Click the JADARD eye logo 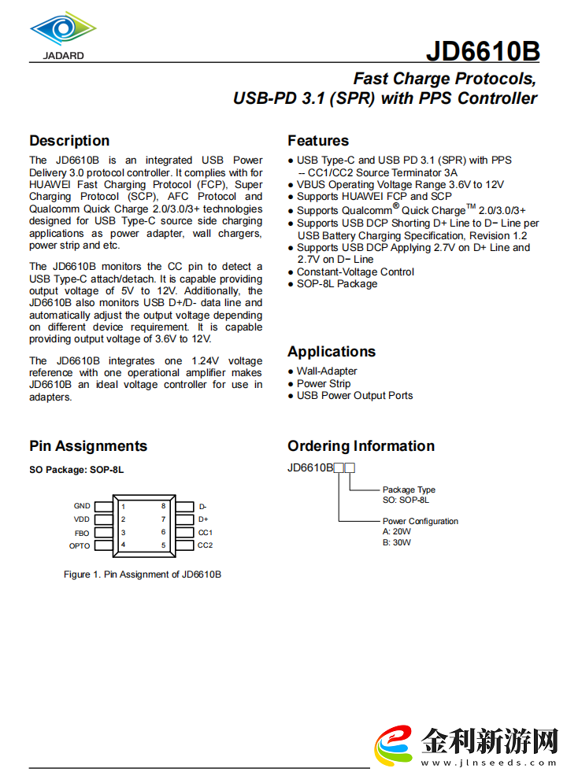63,30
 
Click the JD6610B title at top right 483,51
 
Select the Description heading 69,141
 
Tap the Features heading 318,141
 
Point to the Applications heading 332,352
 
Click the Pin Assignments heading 88,446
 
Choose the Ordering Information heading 361,446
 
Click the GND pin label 82,506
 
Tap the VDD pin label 82,519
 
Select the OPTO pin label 80,545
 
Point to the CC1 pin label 206,533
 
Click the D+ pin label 203,519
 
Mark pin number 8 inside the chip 163,506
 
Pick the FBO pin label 82,533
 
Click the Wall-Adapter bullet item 327,371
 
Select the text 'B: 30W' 397,542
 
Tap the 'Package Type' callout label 409,489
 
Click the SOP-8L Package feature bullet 337,284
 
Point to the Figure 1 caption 143,574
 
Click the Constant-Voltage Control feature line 355,272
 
